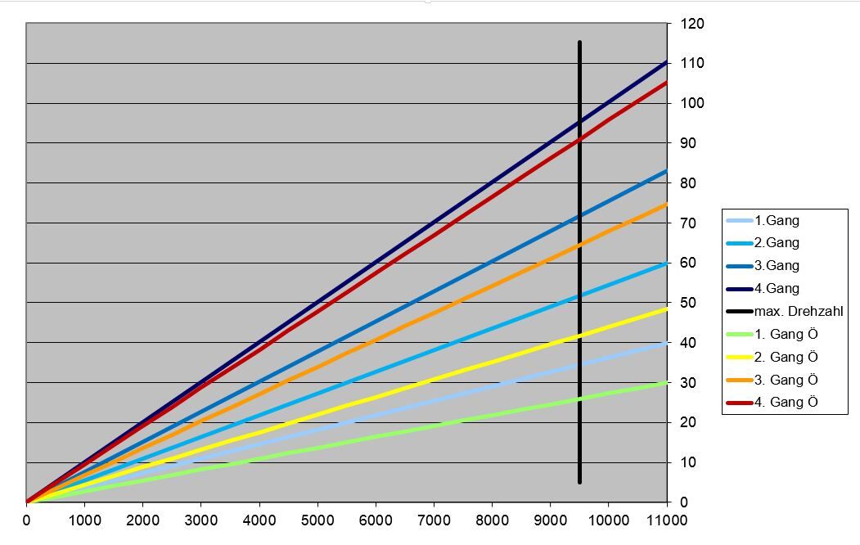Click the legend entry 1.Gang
tap(777, 220)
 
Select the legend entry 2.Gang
tap(777, 243)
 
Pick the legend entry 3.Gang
tap(777, 266)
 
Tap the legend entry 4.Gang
tap(777, 288)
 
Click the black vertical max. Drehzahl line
tap(579, 262)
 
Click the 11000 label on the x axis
tap(667, 520)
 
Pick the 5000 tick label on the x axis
tap(317, 520)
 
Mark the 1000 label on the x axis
tap(84, 520)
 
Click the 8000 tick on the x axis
tap(492, 520)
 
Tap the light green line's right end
tap(666, 383)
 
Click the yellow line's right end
tap(666, 309)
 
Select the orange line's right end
tap(666, 205)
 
